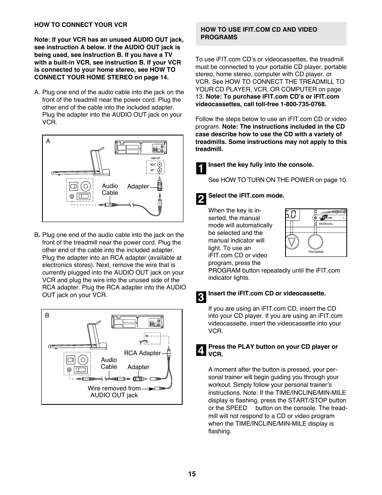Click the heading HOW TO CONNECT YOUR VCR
pyautogui.click(x=80, y=24)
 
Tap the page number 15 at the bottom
pyautogui.click(x=192, y=474)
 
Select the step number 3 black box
pyautogui.click(x=201, y=297)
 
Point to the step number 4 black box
pyautogui.click(x=201, y=350)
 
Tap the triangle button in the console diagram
pyautogui.click(x=293, y=242)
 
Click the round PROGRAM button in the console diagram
pyautogui.click(x=316, y=242)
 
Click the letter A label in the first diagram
pyautogui.click(x=48, y=141)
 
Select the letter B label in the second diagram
pyautogui.click(x=47, y=315)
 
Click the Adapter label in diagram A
pyautogui.click(x=138, y=186)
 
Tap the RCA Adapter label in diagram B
pyautogui.click(x=142, y=353)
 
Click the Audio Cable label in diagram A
pyautogui.click(x=110, y=189)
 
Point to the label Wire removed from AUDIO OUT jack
pyautogui.click(x=114, y=392)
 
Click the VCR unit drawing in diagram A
pyautogui.click(x=140, y=147)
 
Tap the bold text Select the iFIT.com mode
pyautogui.click(x=246, y=196)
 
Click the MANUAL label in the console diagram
pyautogui.click(x=326, y=224)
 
